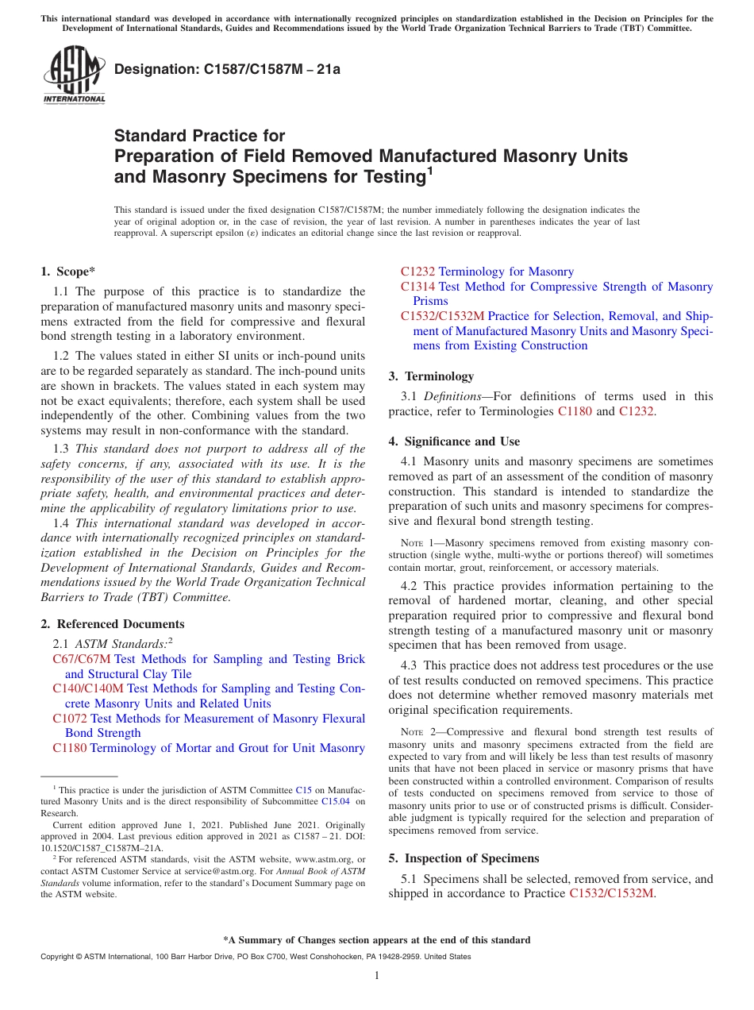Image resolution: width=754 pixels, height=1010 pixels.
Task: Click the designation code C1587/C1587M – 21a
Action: coord(227,69)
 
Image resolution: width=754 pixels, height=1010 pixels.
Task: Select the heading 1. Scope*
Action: coord(67,272)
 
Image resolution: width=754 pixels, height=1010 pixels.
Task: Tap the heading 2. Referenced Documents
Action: coord(113,624)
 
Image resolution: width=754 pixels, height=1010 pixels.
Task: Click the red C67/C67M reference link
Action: coord(81,659)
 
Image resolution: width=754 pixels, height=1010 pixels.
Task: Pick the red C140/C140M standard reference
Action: coord(88,688)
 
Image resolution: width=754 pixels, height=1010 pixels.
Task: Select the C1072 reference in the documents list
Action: coord(70,719)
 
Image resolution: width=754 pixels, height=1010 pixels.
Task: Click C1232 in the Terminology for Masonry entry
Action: coord(417,272)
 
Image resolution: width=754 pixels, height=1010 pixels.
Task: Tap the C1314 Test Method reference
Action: coord(417,287)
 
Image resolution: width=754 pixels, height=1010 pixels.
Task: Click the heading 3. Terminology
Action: coord(431,376)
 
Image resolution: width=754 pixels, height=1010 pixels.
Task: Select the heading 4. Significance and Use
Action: coord(454,441)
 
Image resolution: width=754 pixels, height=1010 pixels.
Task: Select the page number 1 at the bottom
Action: coord(377,975)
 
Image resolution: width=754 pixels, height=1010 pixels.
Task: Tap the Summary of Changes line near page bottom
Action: coord(377,940)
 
